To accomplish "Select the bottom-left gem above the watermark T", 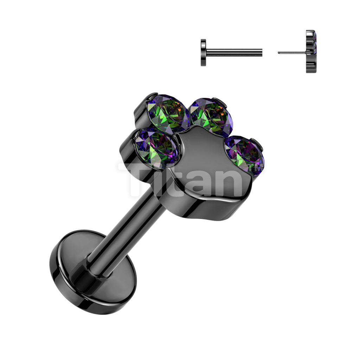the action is tap(156, 148).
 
